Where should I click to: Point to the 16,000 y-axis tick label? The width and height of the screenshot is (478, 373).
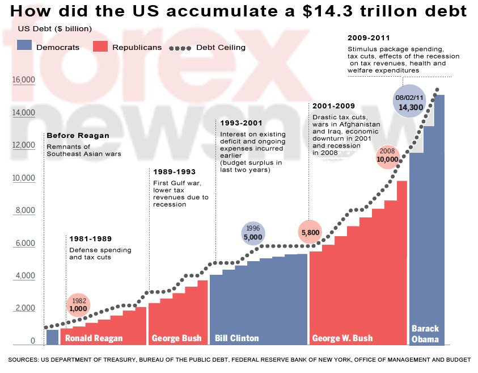[23, 80]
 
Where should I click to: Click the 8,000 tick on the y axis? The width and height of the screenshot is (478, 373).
[25, 211]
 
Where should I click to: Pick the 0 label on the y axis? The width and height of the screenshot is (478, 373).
[33, 341]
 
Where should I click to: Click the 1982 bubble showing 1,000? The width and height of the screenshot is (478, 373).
[78, 305]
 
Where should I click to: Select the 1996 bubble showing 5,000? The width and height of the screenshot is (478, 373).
[253, 233]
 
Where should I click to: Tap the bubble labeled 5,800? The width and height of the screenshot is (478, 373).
[311, 232]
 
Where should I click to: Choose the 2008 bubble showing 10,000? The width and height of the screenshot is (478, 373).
[388, 156]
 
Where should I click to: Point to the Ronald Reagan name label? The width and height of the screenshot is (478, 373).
[94, 338]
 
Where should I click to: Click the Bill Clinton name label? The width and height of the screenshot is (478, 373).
[236, 338]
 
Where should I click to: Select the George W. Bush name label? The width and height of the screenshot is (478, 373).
[342, 338]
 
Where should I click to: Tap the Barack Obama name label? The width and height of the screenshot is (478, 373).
[425, 334]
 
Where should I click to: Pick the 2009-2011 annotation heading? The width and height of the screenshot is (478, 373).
[369, 38]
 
